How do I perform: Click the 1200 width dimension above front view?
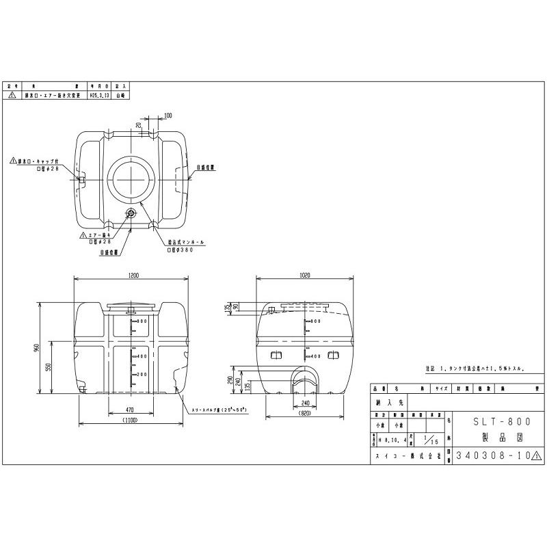[x=133, y=276]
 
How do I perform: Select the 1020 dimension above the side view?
[x=305, y=276]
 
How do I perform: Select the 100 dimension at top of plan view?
[x=168, y=116]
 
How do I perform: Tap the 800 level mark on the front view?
[x=143, y=321]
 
